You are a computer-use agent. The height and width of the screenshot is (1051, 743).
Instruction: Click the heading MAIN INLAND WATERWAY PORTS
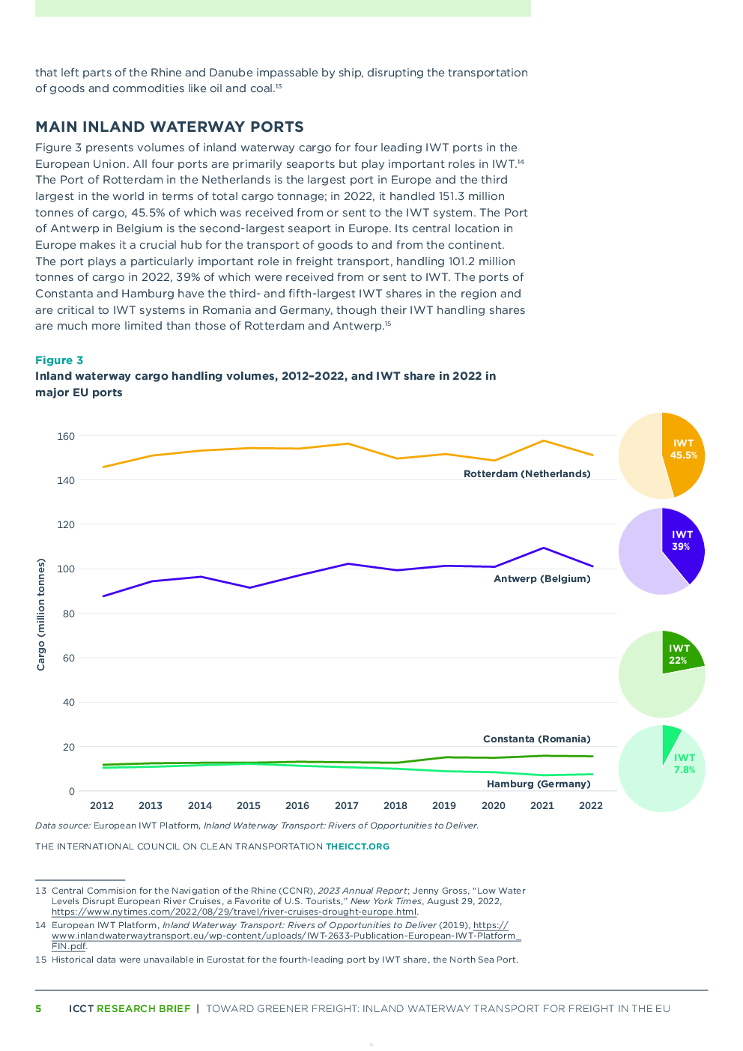[x=169, y=127]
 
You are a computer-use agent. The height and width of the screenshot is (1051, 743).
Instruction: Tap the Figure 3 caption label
[x=59, y=360]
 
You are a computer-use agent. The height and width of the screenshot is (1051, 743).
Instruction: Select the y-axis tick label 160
[x=66, y=436]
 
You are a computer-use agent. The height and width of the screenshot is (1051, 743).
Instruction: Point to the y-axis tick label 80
[x=68, y=614]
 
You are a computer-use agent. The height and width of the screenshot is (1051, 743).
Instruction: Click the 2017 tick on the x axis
[x=346, y=805]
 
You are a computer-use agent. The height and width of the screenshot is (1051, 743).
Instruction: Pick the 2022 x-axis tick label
[x=590, y=805]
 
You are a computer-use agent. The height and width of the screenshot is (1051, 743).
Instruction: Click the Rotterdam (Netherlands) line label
[x=527, y=474]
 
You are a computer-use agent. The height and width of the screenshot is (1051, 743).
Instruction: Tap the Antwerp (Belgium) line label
[x=542, y=578]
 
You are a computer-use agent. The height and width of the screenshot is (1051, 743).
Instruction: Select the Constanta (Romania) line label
[x=536, y=739]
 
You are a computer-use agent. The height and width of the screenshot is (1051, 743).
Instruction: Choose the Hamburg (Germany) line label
[x=539, y=784]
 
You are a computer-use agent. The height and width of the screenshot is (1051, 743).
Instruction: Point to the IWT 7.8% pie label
[x=685, y=763]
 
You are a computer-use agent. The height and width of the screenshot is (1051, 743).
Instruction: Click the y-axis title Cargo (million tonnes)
[x=40, y=614]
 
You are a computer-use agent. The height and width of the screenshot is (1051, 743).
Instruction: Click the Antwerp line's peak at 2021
[x=543, y=548]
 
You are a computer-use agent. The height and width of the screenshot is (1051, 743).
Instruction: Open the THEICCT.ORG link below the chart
[x=357, y=846]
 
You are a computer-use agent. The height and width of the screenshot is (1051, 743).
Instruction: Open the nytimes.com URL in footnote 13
[x=234, y=912]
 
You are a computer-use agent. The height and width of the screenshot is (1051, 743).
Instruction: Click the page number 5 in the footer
[x=38, y=1008]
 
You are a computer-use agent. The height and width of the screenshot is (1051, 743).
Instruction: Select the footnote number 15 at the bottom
[x=40, y=960]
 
